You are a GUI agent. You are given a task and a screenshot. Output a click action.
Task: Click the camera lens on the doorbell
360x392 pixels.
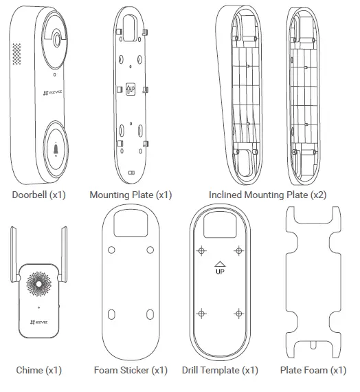(57, 39)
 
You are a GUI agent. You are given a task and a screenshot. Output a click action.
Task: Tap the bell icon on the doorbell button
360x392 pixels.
(56, 149)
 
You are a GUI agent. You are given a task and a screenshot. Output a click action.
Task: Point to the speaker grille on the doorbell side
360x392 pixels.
(16, 54)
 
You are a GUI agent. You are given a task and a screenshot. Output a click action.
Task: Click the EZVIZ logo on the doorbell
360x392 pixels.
(52, 93)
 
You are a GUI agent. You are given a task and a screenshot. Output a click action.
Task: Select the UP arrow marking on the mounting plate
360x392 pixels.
(131, 89)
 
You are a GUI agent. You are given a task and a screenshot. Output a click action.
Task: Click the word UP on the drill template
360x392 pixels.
(220, 271)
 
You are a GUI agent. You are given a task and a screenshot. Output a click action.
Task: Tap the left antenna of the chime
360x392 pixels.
(14, 254)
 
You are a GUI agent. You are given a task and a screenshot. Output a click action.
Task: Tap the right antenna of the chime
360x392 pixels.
(63, 254)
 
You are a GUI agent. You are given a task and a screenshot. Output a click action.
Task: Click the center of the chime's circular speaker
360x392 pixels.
(38, 284)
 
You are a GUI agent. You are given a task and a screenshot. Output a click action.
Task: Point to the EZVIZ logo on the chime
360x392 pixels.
(38, 323)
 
